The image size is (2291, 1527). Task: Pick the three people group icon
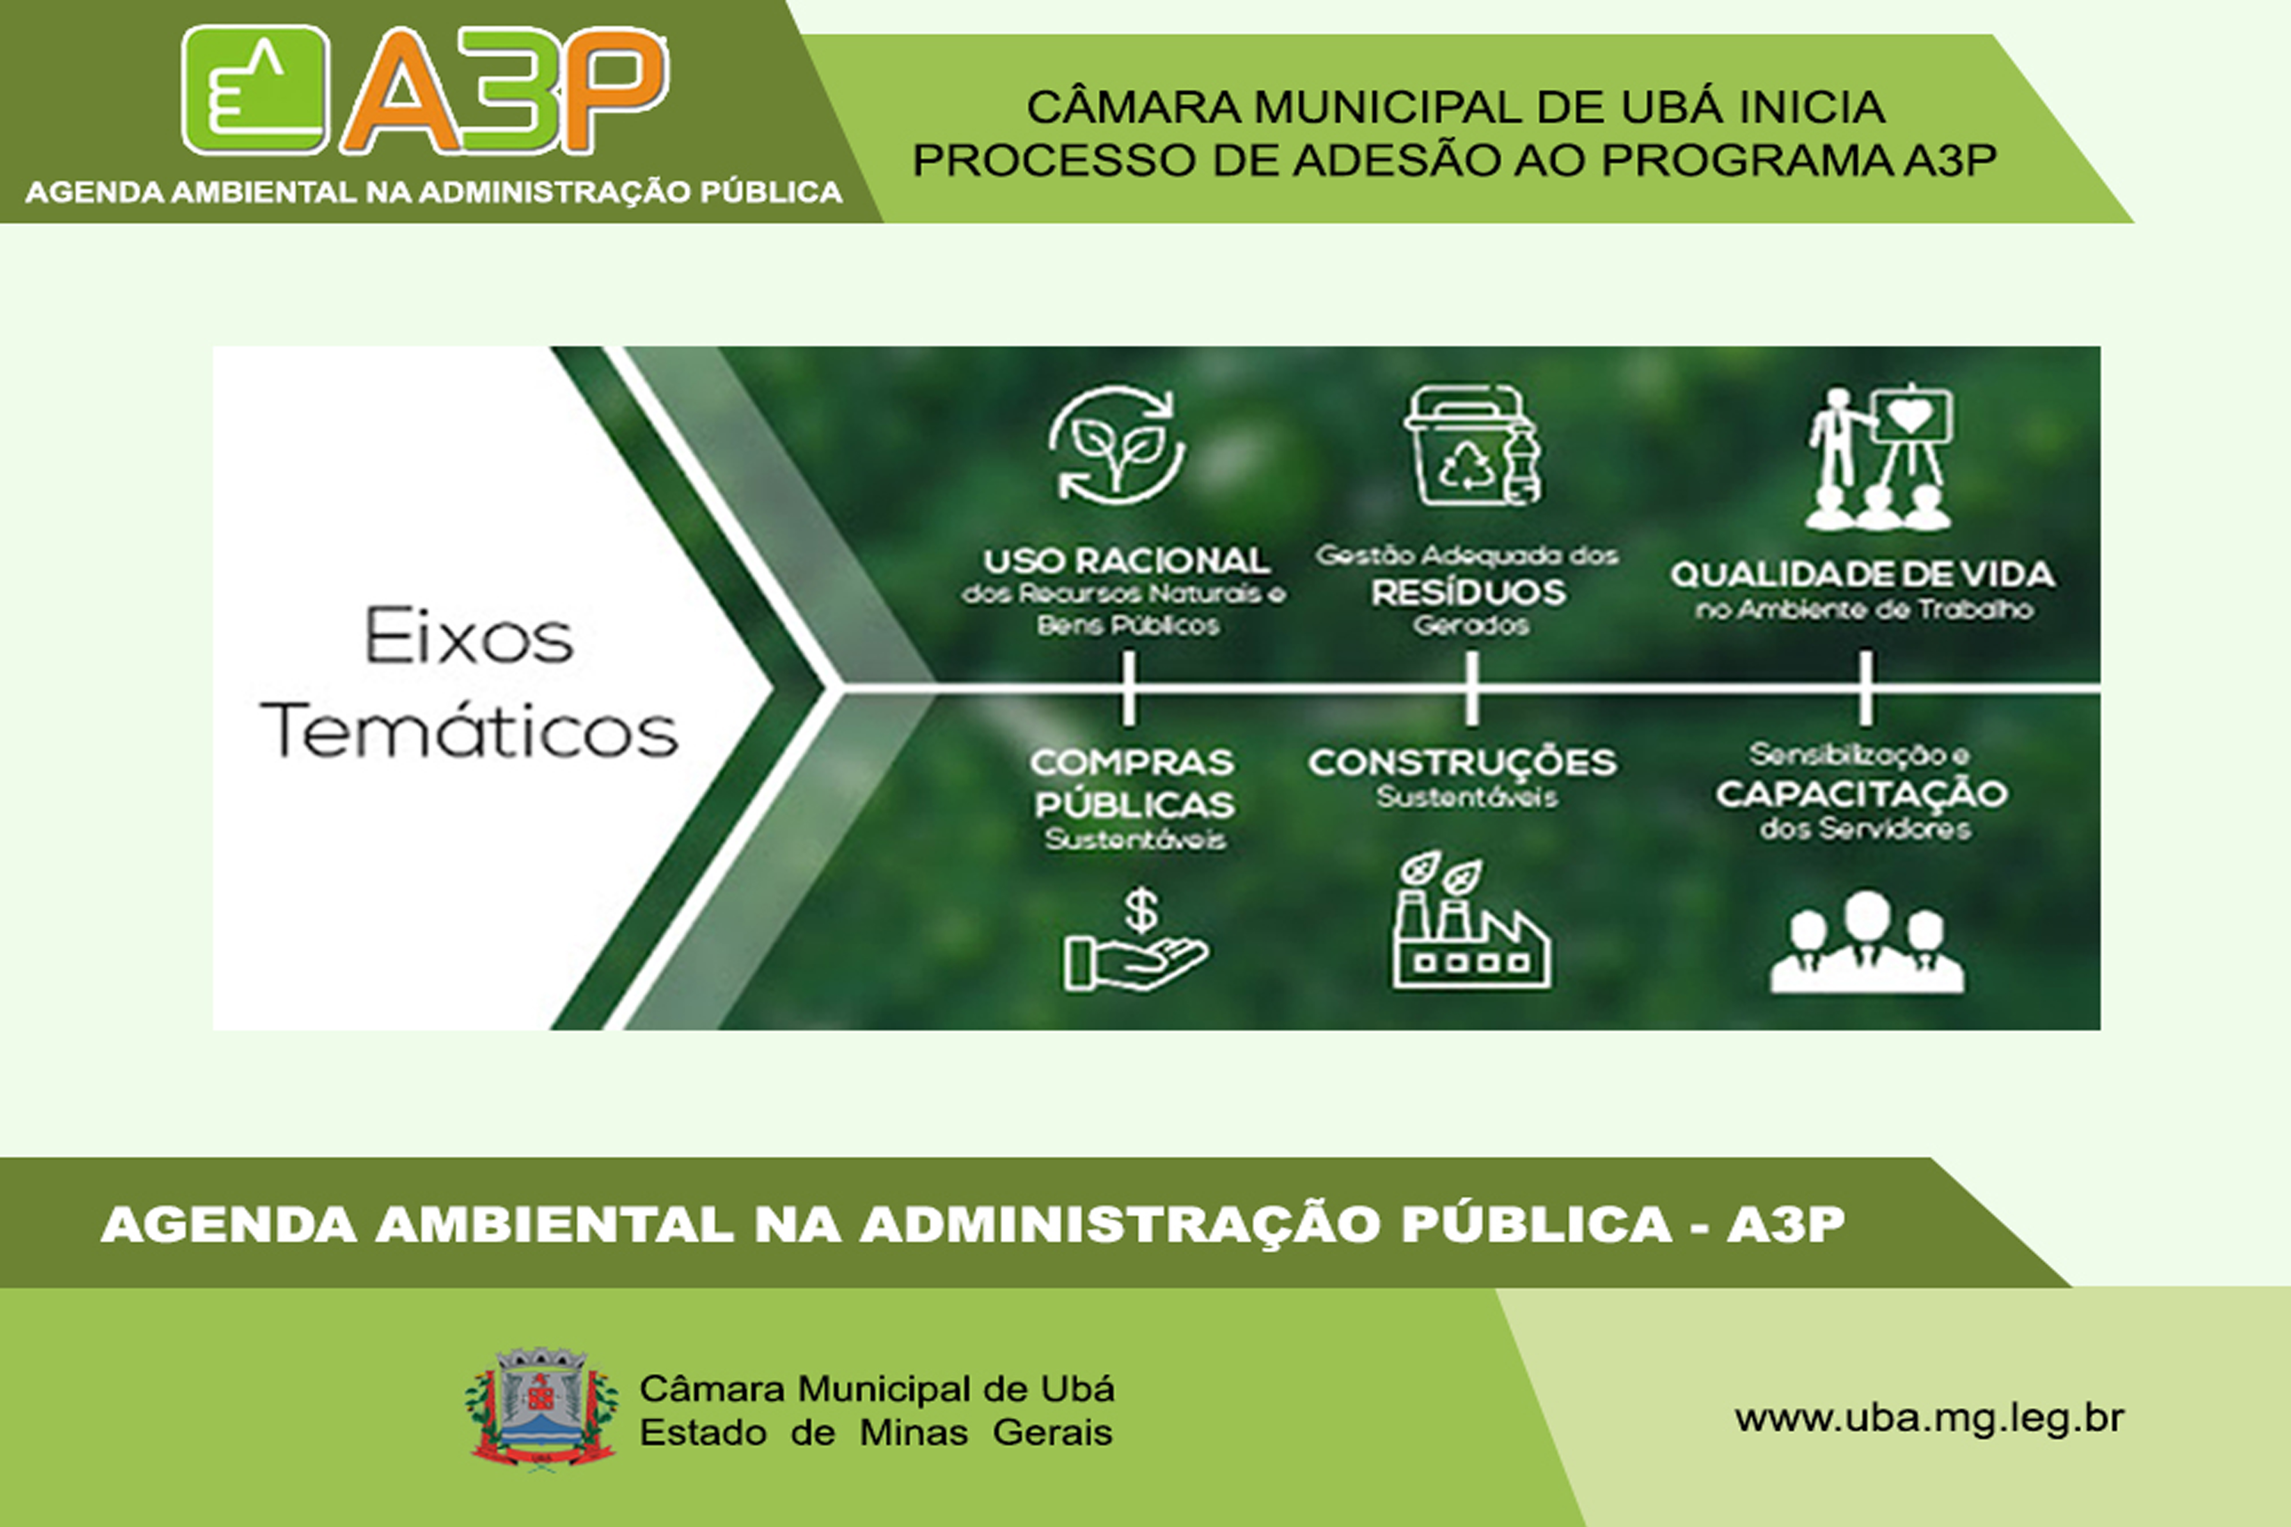[1865, 943]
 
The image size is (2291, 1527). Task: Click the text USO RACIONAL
[1126, 561]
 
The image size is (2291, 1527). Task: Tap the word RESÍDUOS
[1469, 592]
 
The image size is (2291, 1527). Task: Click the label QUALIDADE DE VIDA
[1863, 575]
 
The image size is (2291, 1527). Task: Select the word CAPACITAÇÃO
[1861, 794]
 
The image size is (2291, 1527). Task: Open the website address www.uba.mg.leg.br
[1929, 1418]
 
